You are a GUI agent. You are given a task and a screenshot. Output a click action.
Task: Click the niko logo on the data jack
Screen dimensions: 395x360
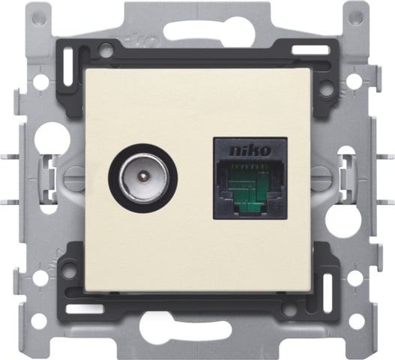point(250,151)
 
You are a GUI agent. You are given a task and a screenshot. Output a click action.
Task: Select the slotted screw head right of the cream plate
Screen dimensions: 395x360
point(320,176)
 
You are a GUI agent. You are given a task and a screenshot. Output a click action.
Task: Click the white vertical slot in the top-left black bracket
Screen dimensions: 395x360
point(68,67)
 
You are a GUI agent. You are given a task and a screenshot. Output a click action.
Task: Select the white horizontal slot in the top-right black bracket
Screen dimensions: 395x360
point(310,50)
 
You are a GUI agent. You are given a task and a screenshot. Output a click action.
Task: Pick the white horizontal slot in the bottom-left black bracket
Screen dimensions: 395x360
point(85,309)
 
